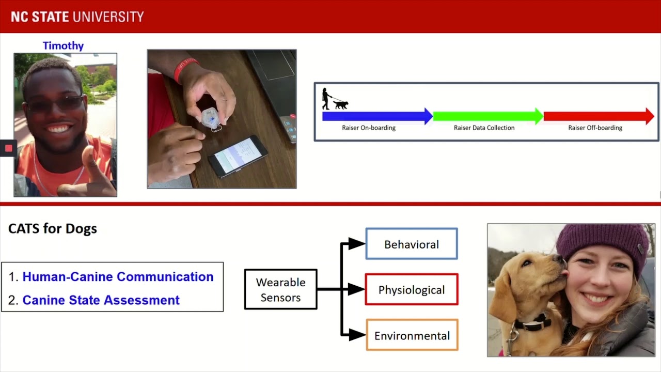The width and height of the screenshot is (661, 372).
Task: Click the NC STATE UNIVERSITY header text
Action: (77, 17)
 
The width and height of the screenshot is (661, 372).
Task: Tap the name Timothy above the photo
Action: (63, 46)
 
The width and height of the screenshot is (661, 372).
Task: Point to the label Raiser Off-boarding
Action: (595, 128)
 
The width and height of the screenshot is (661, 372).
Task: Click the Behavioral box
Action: (412, 244)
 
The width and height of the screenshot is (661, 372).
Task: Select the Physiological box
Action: (412, 289)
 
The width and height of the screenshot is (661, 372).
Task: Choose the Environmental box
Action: (412, 335)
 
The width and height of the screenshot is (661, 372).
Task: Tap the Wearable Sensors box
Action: (280, 289)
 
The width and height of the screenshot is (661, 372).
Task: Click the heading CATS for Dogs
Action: (53, 228)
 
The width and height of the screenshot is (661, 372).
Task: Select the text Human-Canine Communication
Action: (118, 277)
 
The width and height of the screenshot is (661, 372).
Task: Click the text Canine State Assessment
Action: (101, 300)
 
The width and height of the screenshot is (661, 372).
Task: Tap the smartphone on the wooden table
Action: (238, 156)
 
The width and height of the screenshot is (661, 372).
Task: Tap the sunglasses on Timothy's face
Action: (54, 104)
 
